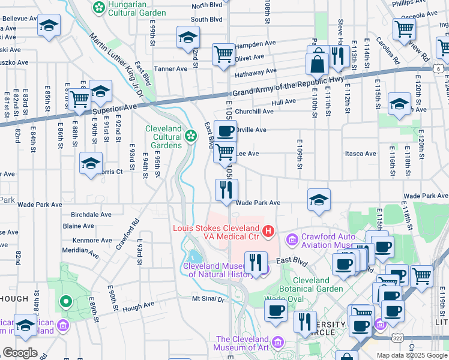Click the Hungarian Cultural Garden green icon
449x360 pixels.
coord(98,7)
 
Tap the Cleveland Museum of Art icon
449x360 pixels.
coord(277,342)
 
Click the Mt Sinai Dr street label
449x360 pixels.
coord(208,298)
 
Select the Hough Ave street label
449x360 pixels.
coord(138,304)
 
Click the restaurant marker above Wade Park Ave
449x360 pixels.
coord(227,191)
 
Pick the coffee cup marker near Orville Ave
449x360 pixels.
coord(225,131)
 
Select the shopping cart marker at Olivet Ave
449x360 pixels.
coord(223,54)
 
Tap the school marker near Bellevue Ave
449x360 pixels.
coord(49,26)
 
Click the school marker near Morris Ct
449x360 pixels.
coord(91,164)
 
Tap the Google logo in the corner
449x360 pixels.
coord(20,352)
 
